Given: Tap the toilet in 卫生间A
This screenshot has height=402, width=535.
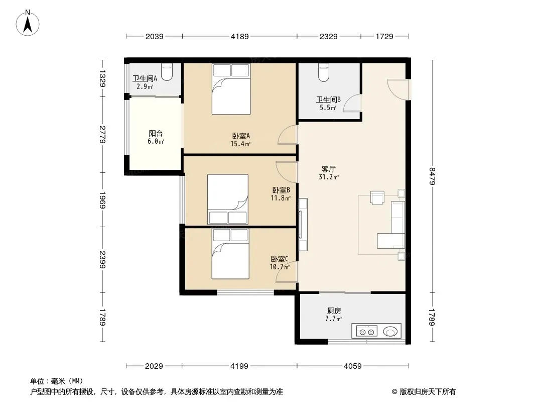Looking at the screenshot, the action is click(167, 72).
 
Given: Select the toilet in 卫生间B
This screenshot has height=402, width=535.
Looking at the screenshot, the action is click(324, 72).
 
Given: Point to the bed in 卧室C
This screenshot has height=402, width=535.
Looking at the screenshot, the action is click(230, 254).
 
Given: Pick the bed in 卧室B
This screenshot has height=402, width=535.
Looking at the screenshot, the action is click(227, 199).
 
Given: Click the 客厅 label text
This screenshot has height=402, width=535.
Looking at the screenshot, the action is click(329, 169).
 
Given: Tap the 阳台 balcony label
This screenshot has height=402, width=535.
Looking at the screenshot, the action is click(156, 134).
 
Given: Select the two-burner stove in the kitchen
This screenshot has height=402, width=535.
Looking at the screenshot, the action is click(367, 331).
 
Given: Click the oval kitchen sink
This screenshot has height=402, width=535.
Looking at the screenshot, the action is click(390, 331).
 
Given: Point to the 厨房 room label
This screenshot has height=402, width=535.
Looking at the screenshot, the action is click(334, 311).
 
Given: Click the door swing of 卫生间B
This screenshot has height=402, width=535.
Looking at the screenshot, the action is click(352, 103).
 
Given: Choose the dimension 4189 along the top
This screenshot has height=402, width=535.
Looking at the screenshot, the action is click(239, 36).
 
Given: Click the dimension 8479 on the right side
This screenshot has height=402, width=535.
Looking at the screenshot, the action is click(432, 176).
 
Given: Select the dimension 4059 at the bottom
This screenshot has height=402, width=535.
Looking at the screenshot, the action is click(352, 366).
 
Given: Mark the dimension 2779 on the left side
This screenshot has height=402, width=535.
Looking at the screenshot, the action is click(102, 135).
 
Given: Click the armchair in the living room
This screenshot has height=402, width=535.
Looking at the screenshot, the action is click(377, 198).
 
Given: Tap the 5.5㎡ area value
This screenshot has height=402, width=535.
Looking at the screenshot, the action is click(328, 108).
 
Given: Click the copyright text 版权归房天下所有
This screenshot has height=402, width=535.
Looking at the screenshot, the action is click(428, 392).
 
